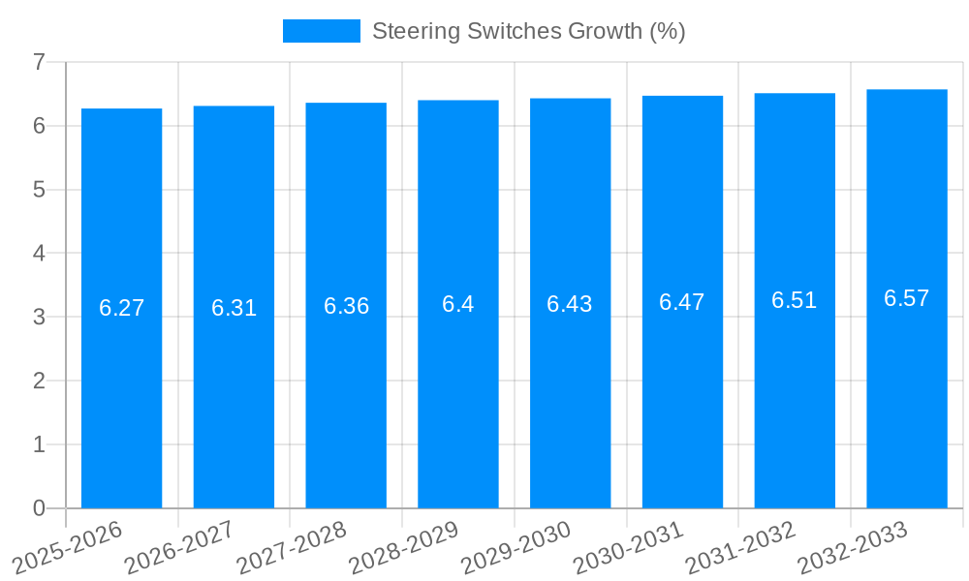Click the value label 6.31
tap(234, 308)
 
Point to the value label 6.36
tap(346, 306)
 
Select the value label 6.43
tap(570, 304)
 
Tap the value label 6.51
tap(794, 300)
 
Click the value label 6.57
tap(906, 298)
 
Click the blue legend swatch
tap(321, 31)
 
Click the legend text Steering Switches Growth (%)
tap(528, 31)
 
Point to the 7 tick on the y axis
tap(39, 62)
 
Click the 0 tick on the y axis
tap(39, 508)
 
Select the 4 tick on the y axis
tap(39, 254)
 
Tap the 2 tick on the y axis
tap(39, 381)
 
